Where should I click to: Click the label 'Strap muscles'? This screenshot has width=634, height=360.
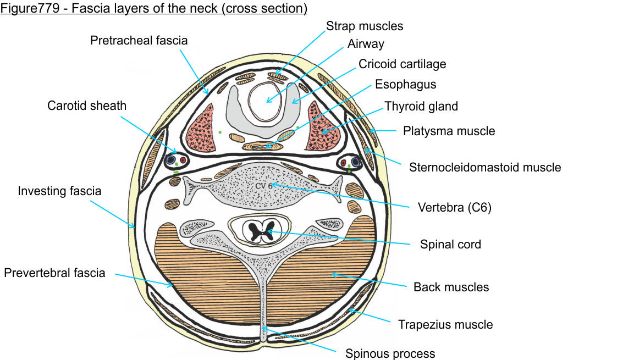(365, 26)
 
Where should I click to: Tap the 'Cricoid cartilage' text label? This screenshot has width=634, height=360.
(402, 64)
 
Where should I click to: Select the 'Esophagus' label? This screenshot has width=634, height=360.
(405, 85)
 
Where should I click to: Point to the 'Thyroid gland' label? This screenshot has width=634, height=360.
(421, 106)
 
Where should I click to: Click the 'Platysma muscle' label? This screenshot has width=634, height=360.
(449, 131)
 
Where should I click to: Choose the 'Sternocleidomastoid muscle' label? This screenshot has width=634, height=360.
(485, 167)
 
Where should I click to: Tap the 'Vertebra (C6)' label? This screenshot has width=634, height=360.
(454, 208)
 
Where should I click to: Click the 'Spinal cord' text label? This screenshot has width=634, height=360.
(450, 245)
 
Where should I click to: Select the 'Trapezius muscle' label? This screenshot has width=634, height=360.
(445, 324)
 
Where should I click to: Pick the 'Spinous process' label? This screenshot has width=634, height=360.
(390, 353)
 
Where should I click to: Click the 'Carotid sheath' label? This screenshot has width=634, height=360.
(87, 106)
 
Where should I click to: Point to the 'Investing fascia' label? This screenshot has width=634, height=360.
(59, 191)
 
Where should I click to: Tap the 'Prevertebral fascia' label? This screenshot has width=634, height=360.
(54, 273)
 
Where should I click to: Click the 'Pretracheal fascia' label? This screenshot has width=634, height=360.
(139, 40)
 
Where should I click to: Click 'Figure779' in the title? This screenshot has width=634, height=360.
(26, 8)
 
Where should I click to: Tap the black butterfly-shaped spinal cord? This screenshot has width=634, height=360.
(262, 231)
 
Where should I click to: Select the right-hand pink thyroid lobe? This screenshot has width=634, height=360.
(322, 128)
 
